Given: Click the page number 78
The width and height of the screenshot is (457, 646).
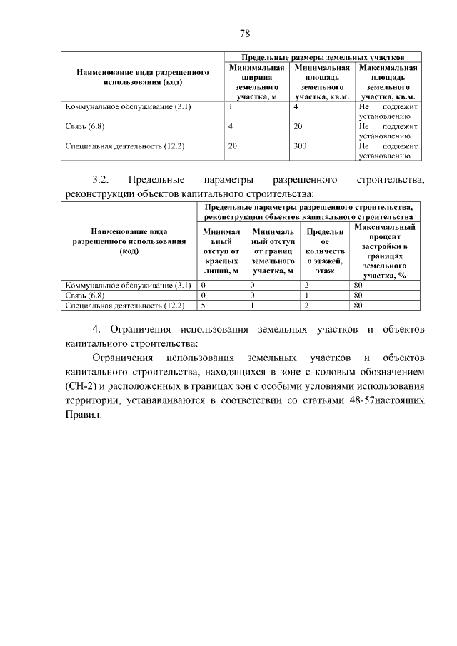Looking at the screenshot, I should [244, 34].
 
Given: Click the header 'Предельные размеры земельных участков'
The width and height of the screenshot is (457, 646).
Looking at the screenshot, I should [323, 56].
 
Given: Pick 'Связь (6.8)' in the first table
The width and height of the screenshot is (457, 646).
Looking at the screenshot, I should [86, 126].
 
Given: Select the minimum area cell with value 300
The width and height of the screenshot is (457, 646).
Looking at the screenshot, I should [300, 146].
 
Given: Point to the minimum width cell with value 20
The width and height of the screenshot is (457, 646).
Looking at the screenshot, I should [232, 146].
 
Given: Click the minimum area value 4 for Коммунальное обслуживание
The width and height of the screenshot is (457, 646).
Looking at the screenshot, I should [296, 106].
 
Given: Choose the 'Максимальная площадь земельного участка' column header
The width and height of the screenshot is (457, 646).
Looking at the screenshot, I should [388, 81].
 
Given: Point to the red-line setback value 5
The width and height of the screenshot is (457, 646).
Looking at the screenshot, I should [204, 306].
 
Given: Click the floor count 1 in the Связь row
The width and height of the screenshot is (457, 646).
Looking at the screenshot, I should [306, 295].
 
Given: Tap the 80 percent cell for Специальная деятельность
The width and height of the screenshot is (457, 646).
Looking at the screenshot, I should [358, 306].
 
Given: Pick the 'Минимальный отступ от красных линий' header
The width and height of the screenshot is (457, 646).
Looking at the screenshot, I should [220, 251].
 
